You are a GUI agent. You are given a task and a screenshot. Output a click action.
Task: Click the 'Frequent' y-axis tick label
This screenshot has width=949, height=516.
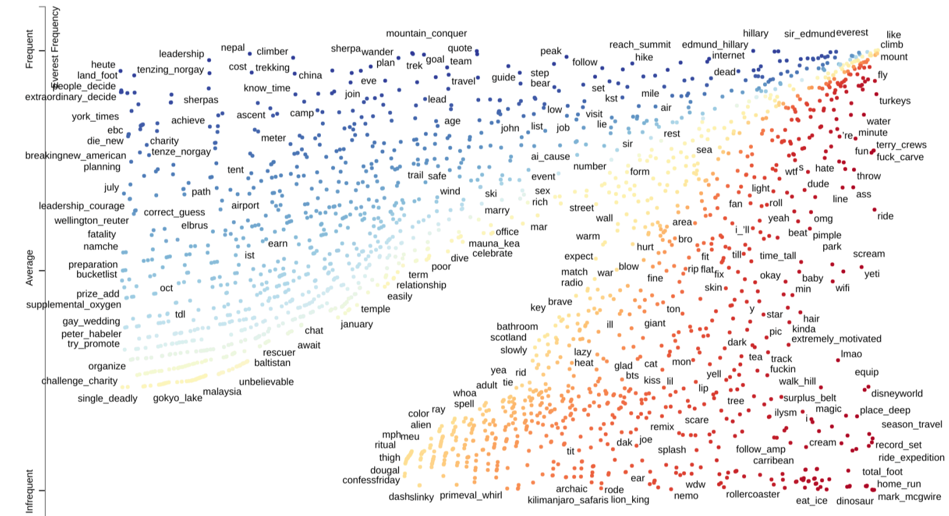(x=29, y=50)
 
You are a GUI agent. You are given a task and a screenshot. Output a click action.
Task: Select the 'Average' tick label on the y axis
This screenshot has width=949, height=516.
(x=29, y=268)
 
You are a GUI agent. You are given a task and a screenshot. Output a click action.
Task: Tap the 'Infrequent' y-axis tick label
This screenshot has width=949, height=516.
(x=29, y=491)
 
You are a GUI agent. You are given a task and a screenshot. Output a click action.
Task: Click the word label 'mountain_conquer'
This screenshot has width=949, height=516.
(x=426, y=33)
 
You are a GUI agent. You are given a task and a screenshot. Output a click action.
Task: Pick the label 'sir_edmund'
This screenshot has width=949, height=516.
(x=810, y=34)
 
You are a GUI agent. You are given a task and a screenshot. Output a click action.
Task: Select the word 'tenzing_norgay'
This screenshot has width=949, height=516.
(x=170, y=70)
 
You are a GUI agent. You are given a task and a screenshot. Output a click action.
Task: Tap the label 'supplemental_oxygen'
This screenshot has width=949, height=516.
(x=74, y=304)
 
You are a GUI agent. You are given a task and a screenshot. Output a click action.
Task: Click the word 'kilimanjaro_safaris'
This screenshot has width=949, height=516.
(x=567, y=500)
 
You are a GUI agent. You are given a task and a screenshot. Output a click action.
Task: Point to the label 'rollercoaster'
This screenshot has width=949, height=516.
(x=753, y=494)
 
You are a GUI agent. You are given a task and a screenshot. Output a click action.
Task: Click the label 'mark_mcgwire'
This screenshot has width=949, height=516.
(x=909, y=497)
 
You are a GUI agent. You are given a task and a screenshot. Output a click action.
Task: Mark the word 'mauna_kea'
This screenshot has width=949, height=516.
(x=494, y=244)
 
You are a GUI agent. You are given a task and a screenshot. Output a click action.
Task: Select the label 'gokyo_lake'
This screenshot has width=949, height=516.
(x=177, y=398)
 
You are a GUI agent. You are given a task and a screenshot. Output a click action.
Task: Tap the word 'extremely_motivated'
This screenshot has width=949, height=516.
(x=836, y=339)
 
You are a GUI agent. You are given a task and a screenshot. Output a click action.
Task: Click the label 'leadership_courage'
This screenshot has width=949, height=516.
(x=82, y=206)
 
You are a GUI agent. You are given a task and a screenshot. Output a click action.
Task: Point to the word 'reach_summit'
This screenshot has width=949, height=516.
(x=639, y=45)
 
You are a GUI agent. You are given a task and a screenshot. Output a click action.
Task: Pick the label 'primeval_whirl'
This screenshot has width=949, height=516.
(x=471, y=495)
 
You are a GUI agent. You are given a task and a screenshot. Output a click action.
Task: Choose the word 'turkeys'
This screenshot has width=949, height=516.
(x=895, y=101)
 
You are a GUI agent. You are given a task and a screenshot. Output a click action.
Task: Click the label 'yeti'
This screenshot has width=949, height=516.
(x=872, y=274)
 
